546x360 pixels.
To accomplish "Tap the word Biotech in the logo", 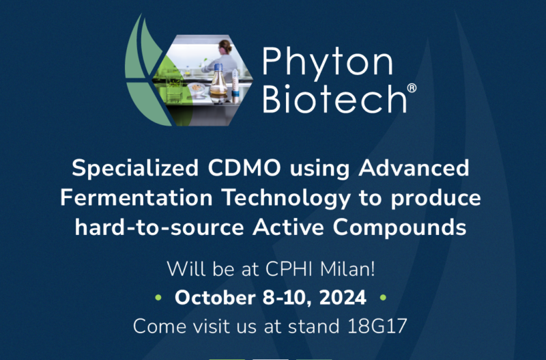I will coord(328,99).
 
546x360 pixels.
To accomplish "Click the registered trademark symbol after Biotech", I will coord(411,89).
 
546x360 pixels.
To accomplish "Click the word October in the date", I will coord(212,298).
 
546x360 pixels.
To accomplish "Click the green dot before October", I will coord(159,299).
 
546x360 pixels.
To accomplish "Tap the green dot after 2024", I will coord(383,299).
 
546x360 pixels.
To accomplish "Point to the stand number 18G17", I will coord(377,327).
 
